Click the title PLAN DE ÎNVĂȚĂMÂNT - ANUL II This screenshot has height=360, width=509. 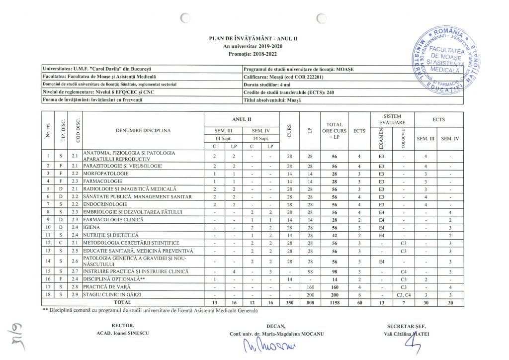tap(254, 38)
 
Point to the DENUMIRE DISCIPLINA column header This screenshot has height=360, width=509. tap(143, 131)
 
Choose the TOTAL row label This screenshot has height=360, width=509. tap(123, 302)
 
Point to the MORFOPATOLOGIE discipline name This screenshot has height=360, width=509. tap(105, 174)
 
